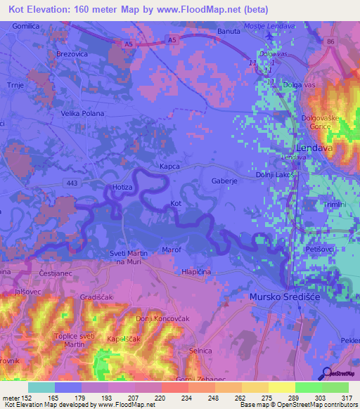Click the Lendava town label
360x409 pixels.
313,148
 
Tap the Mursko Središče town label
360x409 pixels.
285,297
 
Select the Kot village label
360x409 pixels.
176,204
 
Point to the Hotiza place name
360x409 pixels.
122,188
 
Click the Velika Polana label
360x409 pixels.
82,113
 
